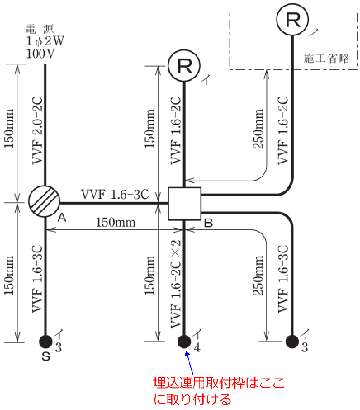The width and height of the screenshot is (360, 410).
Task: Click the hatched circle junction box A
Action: (45, 202)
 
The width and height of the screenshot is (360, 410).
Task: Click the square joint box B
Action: (185, 204)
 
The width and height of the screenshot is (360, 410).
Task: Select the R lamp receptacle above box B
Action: (184, 66)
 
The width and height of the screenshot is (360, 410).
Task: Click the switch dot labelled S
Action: (45, 341)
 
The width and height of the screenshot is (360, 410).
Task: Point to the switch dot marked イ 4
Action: (184, 341)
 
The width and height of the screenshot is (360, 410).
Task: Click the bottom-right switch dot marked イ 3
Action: (293, 341)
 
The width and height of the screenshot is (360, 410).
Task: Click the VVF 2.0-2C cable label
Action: (38, 130)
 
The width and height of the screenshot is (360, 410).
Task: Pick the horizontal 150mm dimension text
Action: (116, 223)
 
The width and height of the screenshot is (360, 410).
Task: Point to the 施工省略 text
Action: (327, 58)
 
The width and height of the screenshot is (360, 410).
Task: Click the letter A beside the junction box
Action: (62, 217)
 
